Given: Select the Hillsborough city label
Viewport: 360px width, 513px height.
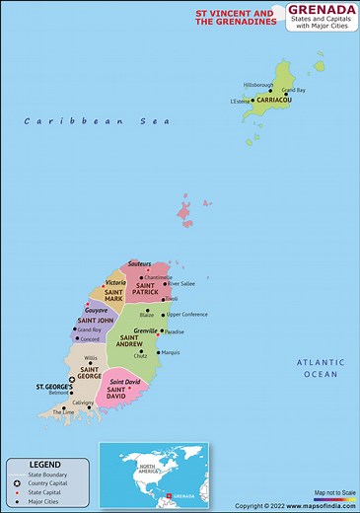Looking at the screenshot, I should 257,85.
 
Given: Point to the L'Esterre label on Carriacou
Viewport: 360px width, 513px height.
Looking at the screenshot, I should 241,101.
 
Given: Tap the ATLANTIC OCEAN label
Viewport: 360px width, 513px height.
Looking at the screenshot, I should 320,368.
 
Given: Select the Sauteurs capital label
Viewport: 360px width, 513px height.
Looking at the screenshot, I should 139,264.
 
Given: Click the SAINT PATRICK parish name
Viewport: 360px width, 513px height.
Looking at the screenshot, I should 145,289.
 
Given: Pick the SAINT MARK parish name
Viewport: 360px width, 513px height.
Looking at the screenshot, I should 113,297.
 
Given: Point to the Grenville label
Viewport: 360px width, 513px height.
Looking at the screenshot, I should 145,330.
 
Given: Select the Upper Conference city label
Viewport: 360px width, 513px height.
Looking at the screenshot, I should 186,314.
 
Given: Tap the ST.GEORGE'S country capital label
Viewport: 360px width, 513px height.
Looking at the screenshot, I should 51,387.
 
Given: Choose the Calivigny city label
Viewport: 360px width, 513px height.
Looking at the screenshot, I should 83,403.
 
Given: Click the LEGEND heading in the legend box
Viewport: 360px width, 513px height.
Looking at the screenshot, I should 44,464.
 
